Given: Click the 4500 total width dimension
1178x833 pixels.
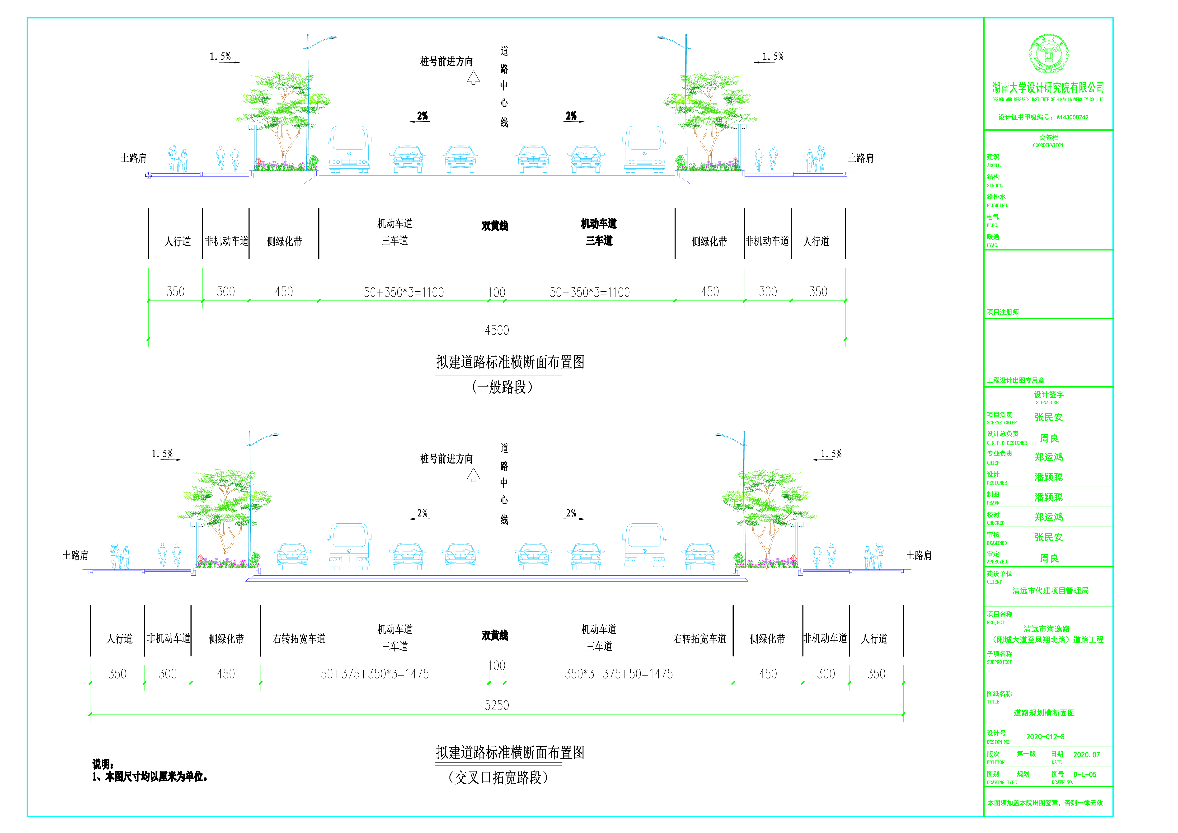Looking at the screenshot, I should tap(497, 330).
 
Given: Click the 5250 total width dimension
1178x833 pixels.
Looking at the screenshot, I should tap(497, 705).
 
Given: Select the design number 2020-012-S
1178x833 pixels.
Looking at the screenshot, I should tap(1045, 737).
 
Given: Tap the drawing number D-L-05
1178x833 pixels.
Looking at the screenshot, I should tap(1085, 775).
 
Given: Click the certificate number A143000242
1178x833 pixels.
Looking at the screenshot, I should tap(1072, 118).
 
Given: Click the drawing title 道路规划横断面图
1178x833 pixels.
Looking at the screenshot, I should tap(1044, 713).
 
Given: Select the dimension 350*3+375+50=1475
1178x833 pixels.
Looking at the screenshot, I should tap(619, 674).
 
